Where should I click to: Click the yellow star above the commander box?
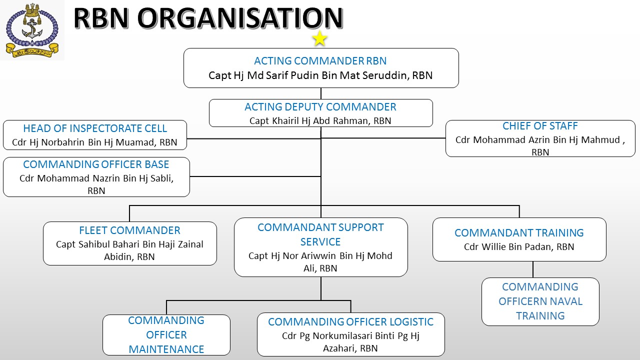(319, 38)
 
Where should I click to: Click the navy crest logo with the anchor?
(32, 30)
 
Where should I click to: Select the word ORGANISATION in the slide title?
(239, 18)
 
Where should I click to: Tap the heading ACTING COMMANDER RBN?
(320, 61)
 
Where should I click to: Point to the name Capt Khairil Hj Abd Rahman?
(320, 120)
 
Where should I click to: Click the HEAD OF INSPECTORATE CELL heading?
(95, 128)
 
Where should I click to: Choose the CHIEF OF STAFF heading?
(540, 126)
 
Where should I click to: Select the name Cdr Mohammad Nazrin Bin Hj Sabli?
(96, 178)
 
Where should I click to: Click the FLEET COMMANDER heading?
(129, 230)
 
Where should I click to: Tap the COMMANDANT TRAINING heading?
(519, 233)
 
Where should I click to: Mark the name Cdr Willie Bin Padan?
(519, 246)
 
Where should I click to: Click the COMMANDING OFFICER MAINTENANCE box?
(166, 335)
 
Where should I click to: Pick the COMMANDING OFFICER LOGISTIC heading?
(350, 322)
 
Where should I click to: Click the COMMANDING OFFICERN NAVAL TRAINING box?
(540, 301)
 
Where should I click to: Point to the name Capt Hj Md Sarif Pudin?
(320, 75)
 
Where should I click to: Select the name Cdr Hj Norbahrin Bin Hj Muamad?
(94, 142)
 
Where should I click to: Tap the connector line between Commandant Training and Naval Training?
(533, 269)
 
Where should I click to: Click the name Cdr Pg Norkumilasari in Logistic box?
(350, 335)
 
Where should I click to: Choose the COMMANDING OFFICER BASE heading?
(96, 164)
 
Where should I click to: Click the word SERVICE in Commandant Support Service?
(320, 242)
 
